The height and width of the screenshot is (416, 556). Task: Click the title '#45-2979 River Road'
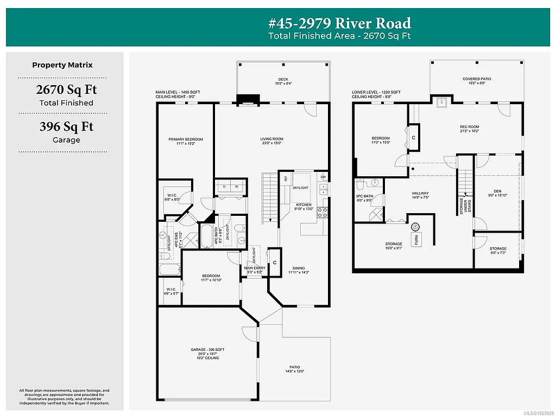340,23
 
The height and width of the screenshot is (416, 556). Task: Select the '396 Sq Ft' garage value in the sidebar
66,126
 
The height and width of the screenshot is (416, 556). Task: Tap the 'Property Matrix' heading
62,65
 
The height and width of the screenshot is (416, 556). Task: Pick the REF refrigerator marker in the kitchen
285,178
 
